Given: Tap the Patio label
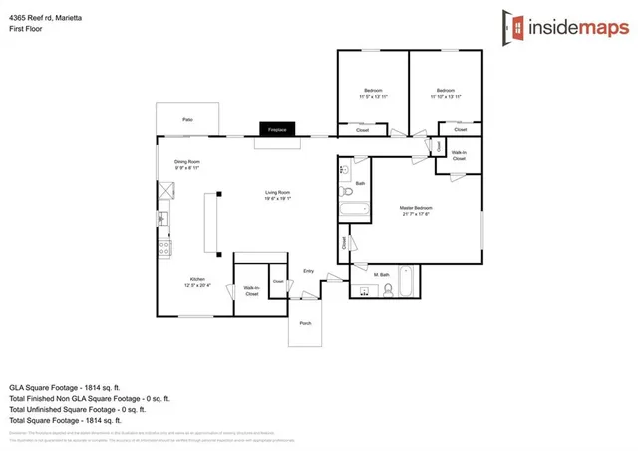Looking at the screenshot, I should point(187,119).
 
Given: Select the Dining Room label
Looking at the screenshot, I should point(188,164).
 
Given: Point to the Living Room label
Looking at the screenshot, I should point(277,195).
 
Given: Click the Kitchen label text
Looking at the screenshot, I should point(197,281).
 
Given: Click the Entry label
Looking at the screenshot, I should point(308,271).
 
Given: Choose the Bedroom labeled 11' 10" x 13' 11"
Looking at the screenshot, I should point(445,93).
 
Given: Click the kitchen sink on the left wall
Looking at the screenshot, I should point(165,219).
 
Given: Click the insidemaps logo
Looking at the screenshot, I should point(565,27).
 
